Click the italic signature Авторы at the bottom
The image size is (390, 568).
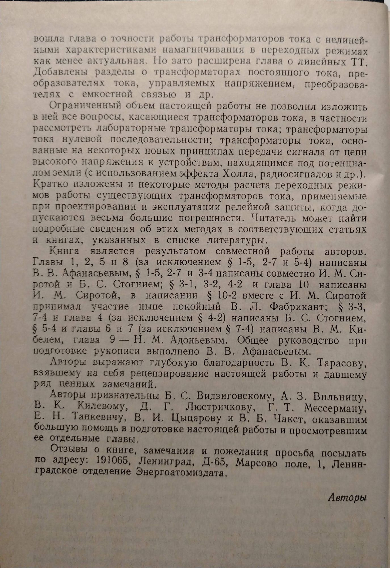click(x=347, y=498)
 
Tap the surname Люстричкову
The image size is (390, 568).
click(x=219, y=408)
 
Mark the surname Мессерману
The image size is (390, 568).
click(x=334, y=408)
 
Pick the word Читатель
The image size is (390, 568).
click(x=269, y=218)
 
